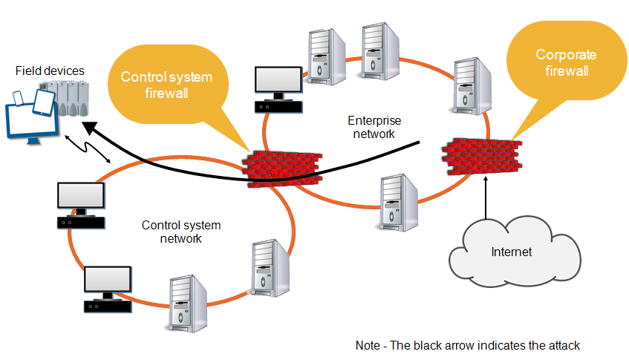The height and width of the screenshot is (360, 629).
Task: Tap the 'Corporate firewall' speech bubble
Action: pyautogui.click(x=561, y=62)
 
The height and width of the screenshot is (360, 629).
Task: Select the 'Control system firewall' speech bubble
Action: pyautogui.click(x=166, y=85)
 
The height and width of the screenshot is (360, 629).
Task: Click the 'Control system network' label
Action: pyautogui.click(x=181, y=232)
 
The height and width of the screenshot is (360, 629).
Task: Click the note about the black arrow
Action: pyautogui.click(x=467, y=345)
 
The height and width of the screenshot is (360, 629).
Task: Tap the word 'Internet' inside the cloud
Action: pyautogui.click(x=511, y=252)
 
